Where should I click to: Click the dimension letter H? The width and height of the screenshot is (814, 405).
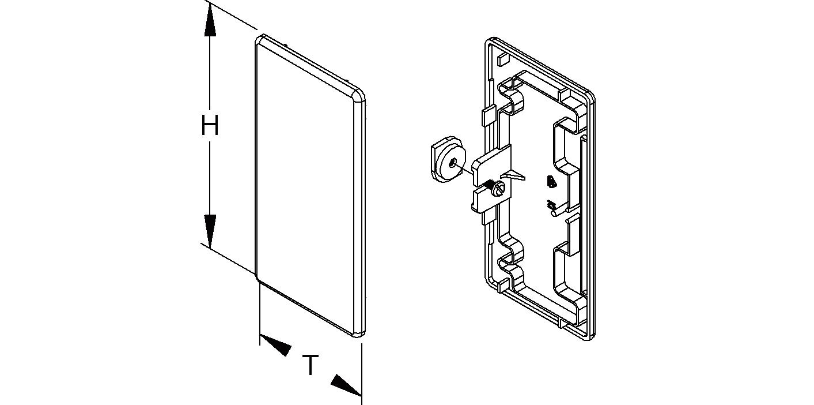pos(210,126)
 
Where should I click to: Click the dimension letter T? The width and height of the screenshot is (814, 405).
pos(311,365)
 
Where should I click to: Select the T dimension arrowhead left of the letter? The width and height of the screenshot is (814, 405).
pos(277,344)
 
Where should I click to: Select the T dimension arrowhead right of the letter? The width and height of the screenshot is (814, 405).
pos(346,385)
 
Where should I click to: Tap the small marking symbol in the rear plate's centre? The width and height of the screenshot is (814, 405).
pos(551,182)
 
